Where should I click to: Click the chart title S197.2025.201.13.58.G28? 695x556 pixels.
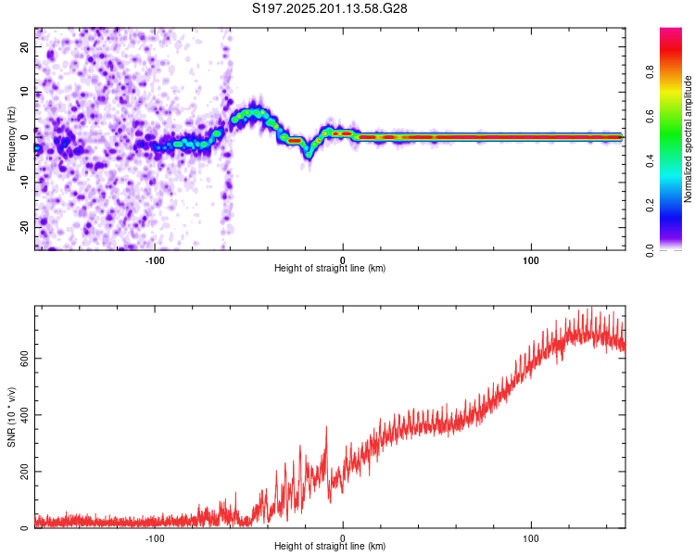[x=329, y=8]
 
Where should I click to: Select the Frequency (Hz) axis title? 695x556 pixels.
[x=11, y=139]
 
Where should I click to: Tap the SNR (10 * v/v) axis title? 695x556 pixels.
[x=11, y=417]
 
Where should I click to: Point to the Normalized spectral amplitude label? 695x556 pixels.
[x=688, y=139]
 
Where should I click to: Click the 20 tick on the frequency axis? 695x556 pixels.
[x=25, y=47]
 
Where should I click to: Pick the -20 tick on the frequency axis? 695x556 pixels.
[x=25, y=227]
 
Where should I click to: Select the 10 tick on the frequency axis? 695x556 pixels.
[x=25, y=93]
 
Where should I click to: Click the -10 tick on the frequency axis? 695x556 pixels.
[x=25, y=183]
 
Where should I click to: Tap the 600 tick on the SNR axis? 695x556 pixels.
[x=25, y=359]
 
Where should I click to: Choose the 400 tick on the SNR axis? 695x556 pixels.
[x=25, y=415]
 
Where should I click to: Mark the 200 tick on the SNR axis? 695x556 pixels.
[x=25, y=472]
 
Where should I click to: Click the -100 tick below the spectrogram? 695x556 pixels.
[x=154, y=260]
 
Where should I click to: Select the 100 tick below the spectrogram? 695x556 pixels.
[x=531, y=260]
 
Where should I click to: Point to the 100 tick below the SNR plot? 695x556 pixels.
[x=531, y=538]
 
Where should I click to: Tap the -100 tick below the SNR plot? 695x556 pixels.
[x=154, y=538]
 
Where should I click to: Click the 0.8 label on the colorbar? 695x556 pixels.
[x=650, y=72]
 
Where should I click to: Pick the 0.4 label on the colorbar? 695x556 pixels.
[x=650, y=161]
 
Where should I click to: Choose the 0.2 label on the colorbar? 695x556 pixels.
[x=650, y=206]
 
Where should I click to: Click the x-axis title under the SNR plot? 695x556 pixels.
[x=330, y=546]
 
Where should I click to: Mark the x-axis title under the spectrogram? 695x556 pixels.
[x=330, y=268]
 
